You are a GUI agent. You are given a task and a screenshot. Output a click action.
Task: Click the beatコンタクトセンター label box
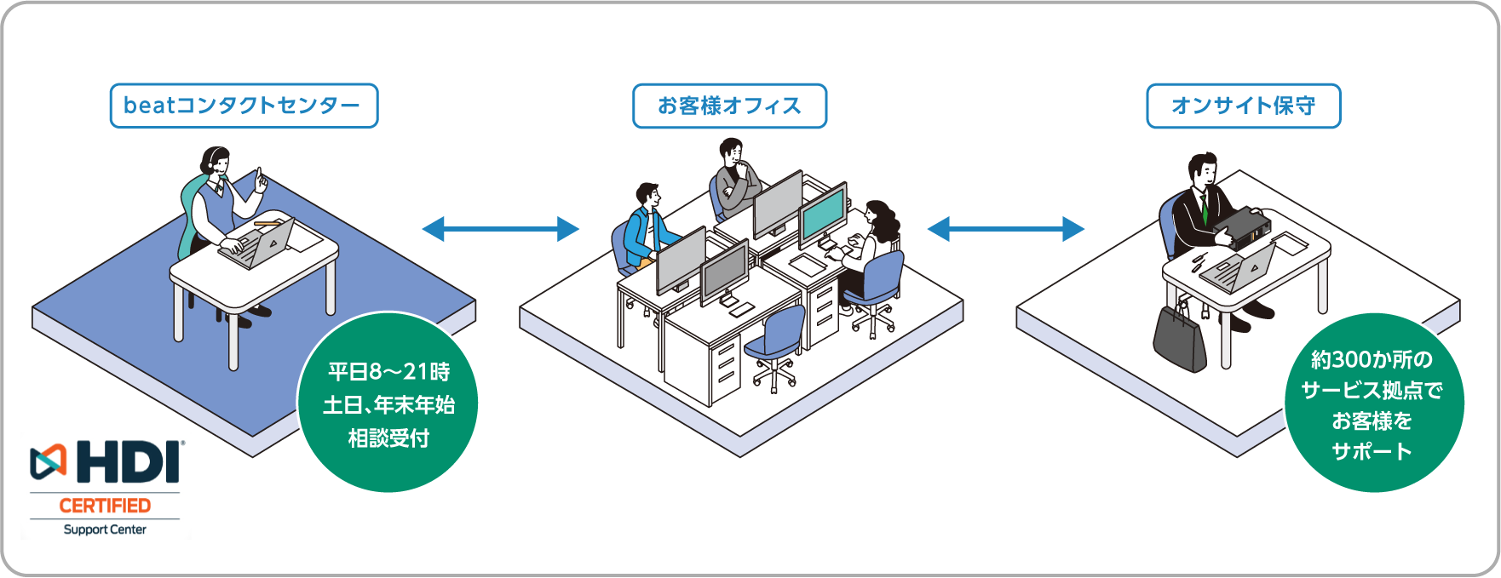point(244,106)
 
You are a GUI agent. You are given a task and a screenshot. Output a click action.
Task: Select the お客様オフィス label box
point(729,106)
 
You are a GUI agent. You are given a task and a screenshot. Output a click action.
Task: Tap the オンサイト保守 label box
point(1243,106)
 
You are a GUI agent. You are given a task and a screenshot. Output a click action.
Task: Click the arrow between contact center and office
point(501,228)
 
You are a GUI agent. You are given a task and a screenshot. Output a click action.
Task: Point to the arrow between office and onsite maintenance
point(1005,228)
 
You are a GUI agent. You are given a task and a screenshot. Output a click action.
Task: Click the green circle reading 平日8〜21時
point(388,403)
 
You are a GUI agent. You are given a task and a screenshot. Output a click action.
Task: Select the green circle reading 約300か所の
point(1372,403)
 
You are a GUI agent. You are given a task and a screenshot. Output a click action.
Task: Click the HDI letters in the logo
point(129,463)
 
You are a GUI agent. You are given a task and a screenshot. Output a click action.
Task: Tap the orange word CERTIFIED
point(105,506)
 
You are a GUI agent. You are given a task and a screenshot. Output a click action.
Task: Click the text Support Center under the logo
point(105,529)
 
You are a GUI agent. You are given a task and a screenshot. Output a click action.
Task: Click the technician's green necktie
point(1205,209)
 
